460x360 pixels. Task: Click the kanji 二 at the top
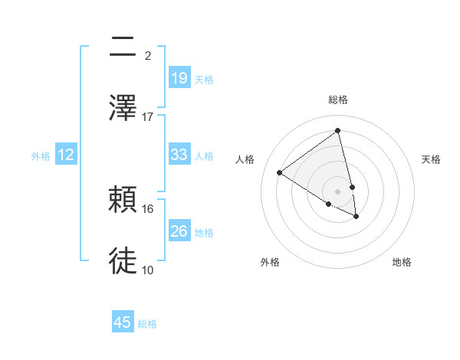click(x=123, y=48)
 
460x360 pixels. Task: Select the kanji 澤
click(x=123, y=107)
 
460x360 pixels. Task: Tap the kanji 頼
click(x=123, y=200)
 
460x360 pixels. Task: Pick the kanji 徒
click(x=123, y=261)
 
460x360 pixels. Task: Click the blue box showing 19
click(x=179, y=78)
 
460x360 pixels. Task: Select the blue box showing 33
click(x=179, y=155)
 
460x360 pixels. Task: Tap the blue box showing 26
click(x=179, y=231)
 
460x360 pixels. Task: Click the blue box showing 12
click(x=66, y=155)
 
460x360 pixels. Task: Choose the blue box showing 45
click(x=123, y=322)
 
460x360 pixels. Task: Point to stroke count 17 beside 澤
click(x=148, y=117)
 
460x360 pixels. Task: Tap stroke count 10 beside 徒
click(x=148, y=270)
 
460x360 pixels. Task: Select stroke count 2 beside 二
click(x=148, y=56)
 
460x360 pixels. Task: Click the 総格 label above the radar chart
click(x=337, y=100)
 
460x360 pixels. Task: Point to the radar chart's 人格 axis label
click(x=245, y=159)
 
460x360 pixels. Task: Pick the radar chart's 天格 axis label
click(x=431, y=159)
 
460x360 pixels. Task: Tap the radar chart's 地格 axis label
click(x=402, y=262)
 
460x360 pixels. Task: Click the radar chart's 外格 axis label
click(x=270, y=262)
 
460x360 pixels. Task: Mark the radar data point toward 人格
click(x=280, y=172)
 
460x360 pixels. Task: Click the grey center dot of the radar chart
click(x=337, y=191)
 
